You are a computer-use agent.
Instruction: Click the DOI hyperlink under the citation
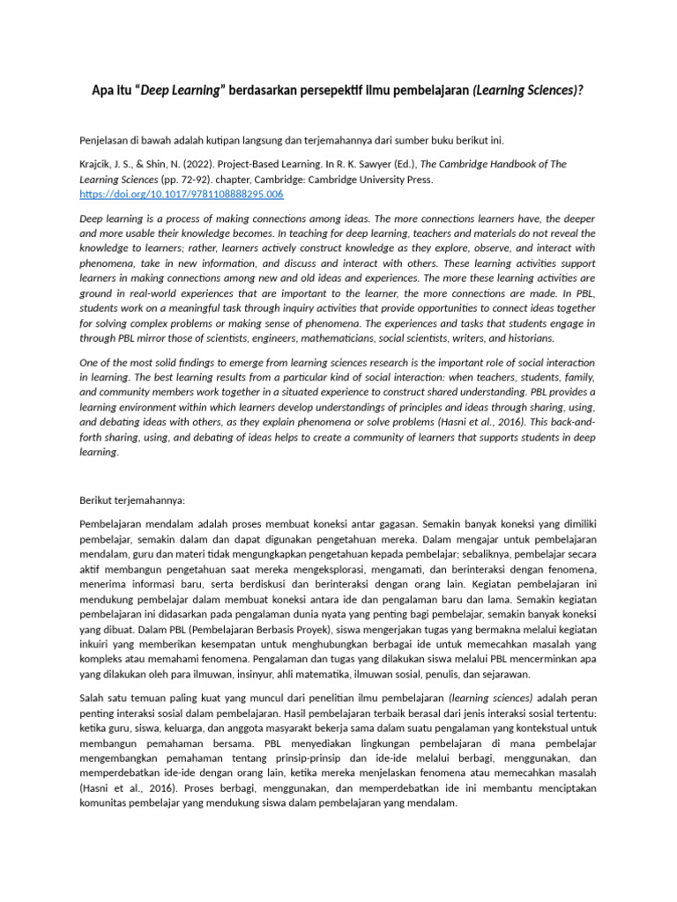tap(181, 194)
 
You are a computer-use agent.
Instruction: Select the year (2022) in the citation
tap(188, 164)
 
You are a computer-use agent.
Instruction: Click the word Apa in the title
tap(104, 90)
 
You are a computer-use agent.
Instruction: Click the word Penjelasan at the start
tap(108, 140)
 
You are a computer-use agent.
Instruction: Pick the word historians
tap(526, 337)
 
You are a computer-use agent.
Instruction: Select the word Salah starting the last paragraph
tap(93, 698)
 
